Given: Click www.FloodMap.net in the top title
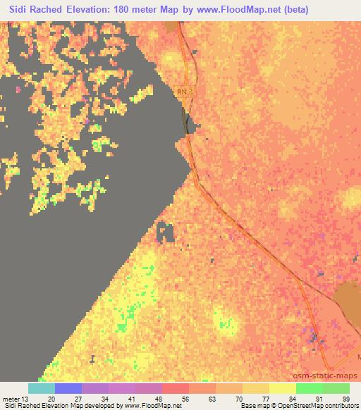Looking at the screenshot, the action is pyautogui.click(x=239, y=9).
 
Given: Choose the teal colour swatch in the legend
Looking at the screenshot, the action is pyautogui.click(x=41, y=388).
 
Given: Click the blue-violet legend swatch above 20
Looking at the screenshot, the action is pyautogui.click(x=68, y=388).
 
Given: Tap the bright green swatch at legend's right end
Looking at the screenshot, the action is pyautogui.click(x=336, y=388).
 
